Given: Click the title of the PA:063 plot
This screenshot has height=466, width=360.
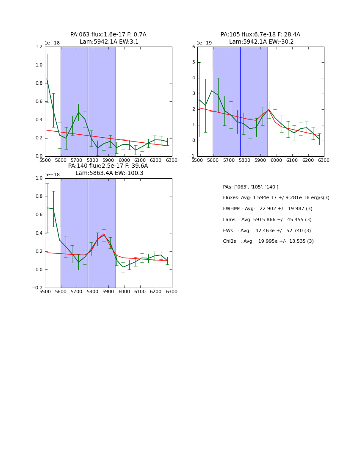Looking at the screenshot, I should pos(108,38).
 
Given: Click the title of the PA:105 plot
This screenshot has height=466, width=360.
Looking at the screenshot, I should pos(260,38).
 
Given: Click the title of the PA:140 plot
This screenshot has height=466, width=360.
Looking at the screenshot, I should pos(108,169).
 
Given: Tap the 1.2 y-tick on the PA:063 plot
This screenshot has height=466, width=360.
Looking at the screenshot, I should pos(39,47).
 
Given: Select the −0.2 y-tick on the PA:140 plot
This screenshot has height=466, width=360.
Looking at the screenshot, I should pos(37,288).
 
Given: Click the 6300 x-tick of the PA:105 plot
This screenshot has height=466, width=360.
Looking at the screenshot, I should pos(324,160).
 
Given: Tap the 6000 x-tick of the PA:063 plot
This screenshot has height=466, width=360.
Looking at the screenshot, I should pos(125,160).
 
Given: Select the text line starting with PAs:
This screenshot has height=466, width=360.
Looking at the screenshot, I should pos(251,187).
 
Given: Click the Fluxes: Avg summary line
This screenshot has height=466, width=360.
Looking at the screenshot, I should pos(276,198).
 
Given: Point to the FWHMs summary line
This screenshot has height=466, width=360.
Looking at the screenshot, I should pos(268,209).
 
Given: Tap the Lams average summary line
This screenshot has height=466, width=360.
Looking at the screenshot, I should pos(267,220).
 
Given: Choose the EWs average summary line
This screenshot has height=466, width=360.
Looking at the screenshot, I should pos(267,230).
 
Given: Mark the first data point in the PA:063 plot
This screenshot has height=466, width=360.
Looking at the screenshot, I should pos(47,78).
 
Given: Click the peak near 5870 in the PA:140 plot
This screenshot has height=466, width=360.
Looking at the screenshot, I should pos(104,234).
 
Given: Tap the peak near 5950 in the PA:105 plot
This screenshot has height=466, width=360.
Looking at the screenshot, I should pos(269,110).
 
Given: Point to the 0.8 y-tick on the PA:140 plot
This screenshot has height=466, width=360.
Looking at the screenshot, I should pos(39,197).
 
